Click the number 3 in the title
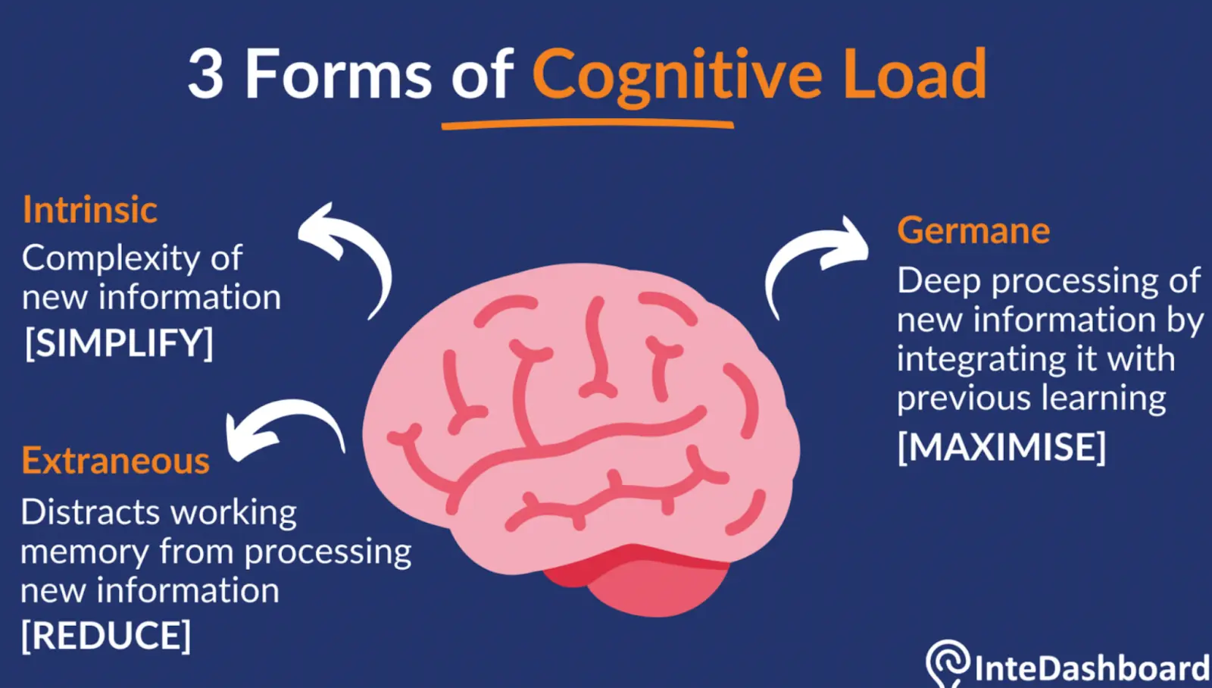click(x=206, y=75)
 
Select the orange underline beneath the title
click(x=587, y=124)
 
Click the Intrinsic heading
click(x=89, y=210)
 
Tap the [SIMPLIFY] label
click(x=119, y=343)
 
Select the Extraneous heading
click(x=115, y=461)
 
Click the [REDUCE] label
click(x=106, y=635)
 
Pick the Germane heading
click(x=973, y=230)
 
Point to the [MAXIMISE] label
click(x=1001, y=446)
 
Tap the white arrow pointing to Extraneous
click(x=280, y=424)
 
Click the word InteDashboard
click(x=1091, y=668)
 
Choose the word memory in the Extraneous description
click(x=83, y=553)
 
